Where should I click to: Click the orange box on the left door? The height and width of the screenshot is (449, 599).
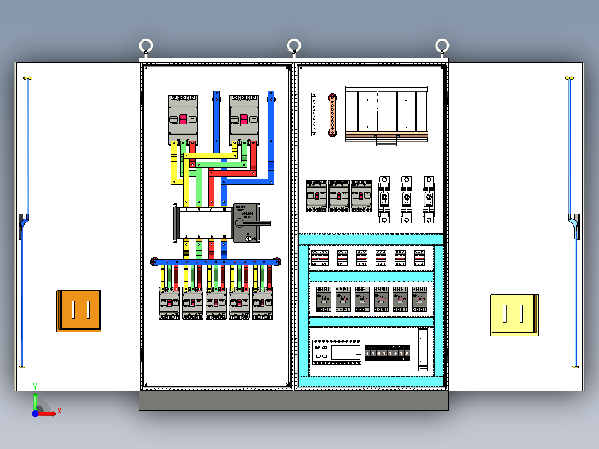tap(78, 311)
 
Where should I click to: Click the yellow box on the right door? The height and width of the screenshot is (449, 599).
tap(514, 315)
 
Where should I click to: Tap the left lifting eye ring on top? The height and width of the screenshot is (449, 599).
tap(146, 46)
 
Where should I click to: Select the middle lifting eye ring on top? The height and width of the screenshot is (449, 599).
tap(294, 46)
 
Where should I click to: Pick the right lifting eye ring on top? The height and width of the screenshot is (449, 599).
tap(442, 46)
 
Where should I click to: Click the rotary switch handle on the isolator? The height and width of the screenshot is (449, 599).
tap(259, 223)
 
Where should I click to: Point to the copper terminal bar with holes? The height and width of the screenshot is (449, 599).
tap(332, 114)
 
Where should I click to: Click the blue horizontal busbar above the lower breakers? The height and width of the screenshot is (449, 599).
tap(216, 261)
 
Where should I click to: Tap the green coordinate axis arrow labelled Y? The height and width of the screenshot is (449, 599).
tap(35, 399)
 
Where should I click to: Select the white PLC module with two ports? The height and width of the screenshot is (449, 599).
tap(336, 352)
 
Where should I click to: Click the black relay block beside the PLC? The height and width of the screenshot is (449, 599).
tap(387, 352)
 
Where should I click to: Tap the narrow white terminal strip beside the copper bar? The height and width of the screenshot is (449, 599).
tap(313, 114)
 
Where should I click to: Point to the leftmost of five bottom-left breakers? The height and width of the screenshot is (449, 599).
tap(169, 303)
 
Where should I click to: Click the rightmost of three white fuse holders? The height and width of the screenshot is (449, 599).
tap(428, 199)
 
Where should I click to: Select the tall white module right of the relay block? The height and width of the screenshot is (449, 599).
tap(424, 350)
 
